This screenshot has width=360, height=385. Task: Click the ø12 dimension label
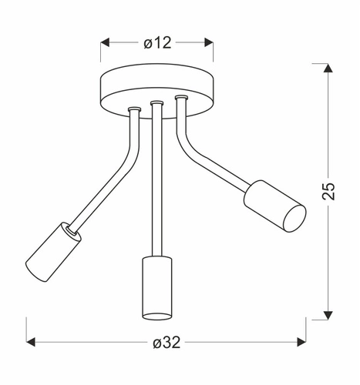coord(157,43)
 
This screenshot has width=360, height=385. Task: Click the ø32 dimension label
coord(166,342)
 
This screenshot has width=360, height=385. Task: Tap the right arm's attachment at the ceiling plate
coord(180,99)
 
